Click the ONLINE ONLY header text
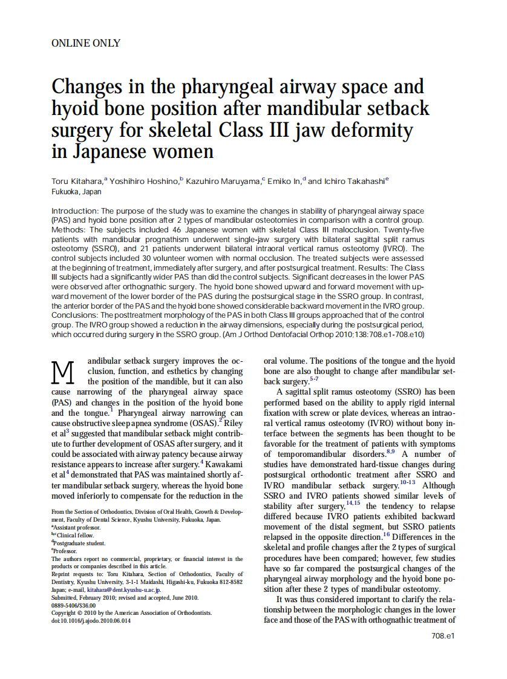(86, 43)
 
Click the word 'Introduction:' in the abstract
(74, 211)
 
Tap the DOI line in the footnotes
(91, 620)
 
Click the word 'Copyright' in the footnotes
(65, 612)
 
